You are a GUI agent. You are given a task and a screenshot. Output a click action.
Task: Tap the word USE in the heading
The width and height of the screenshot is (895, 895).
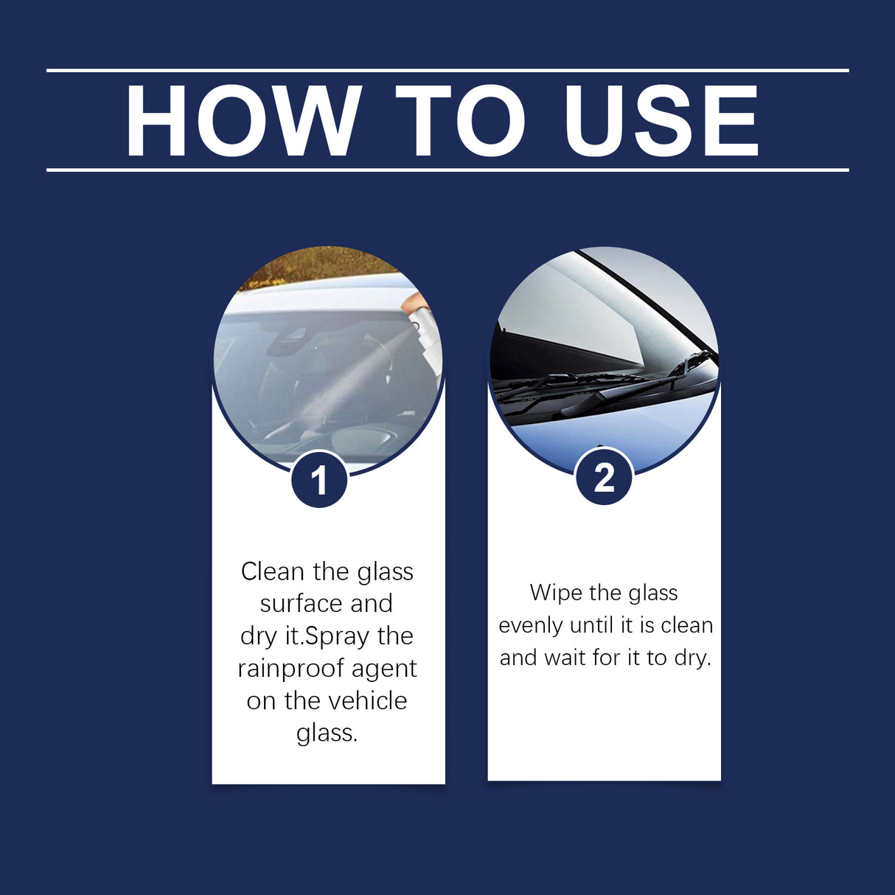click(x=661, y=122)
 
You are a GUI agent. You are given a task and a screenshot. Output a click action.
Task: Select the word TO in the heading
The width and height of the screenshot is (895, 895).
click(x=460, y=122)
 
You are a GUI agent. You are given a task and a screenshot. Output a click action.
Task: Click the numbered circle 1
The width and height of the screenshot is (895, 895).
click(x=319, y=481)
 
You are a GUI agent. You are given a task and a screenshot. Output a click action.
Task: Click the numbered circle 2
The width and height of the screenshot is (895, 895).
click(x=604, y=478)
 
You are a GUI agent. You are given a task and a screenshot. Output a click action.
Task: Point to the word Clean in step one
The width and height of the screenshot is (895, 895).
click(x=273, y=571)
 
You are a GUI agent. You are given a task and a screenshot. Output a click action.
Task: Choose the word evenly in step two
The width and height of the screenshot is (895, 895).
click(x=531, y=625)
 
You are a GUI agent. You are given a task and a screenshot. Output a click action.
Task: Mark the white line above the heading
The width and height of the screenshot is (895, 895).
click(x=448, y=71)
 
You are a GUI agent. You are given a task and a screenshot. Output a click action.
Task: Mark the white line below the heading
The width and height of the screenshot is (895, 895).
click(x=448, y=170)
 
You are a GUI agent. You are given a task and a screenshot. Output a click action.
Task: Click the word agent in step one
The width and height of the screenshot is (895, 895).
click(x=384, y=669)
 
